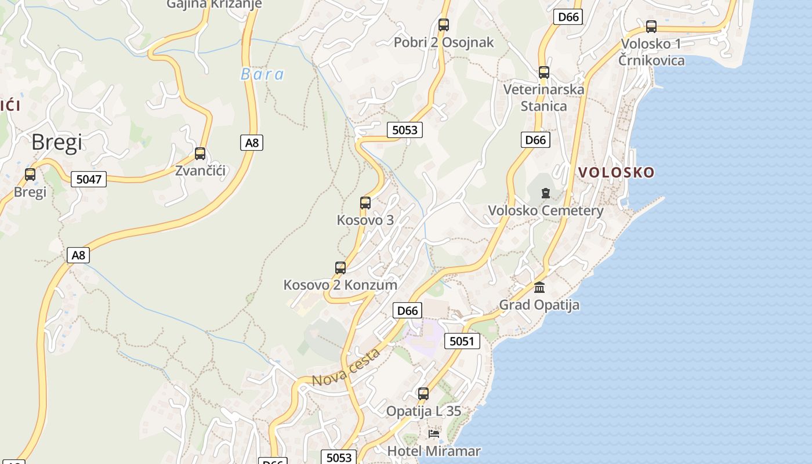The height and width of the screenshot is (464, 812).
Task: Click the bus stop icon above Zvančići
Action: pyautogui.click(x=200, y=154)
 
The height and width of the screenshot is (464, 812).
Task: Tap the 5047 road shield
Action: pyautogui.click(x=89, y=179)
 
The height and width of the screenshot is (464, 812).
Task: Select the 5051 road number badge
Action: pyautogui.click(x=462, y=341)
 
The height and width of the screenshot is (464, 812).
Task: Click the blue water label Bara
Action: pyautogui.click(x=262, y=74)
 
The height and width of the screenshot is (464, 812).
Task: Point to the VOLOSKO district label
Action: pyautogui.click(x=616, y=172)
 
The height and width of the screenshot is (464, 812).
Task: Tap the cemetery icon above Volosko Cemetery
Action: pyautogui.click(x=545, y=193)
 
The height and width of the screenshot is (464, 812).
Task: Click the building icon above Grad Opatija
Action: pyautogui.click(x=539, y=287)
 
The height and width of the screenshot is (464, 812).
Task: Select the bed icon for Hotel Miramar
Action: pyautogui.click(x=433, y=434)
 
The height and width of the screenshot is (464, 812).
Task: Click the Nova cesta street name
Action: pyautogui.click(x=346, y=368)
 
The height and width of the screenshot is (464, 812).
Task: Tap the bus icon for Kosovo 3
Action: pyautogui.click(x=365, y=203)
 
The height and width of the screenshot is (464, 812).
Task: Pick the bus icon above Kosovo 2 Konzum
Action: pyautogui.click(x=340, y=268)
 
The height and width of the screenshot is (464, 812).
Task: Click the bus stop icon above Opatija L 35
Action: pyautogui.click(x=423, y=394)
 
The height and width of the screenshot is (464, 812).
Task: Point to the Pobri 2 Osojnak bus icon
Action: pyautogui.click(x=444, y=25)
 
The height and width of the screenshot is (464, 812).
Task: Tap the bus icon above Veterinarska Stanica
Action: pyautogui.click(x=544, y=72)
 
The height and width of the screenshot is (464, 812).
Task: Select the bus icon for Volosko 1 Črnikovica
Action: pyautogui.click(x=651, y=27)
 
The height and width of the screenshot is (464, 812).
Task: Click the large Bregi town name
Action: pyautogui.click(x=57, y=142)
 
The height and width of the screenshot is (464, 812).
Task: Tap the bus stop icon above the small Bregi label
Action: pyautogui.click(x=30, y=174)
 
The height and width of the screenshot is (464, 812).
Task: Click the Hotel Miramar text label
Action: pyautogui.click(x=434, y=451)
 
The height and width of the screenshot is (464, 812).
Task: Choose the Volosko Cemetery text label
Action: pyautogui.click(x=546, y=211)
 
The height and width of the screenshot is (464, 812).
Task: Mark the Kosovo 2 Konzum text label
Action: pyautogui.click(x=340, y=285)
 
